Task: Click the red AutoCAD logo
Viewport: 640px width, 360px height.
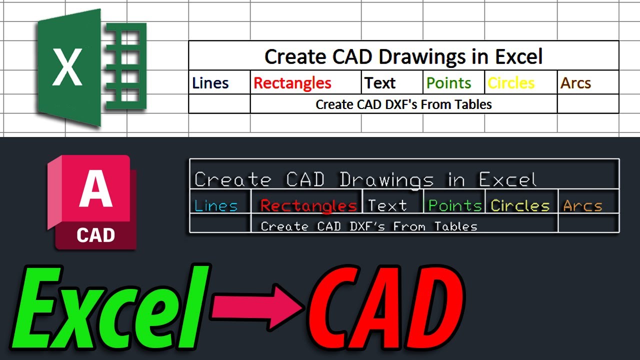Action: [x=92, y=202]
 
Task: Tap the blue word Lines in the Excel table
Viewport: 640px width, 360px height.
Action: [x=210, y=83]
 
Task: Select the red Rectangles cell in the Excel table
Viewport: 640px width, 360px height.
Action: [x=292, y=83]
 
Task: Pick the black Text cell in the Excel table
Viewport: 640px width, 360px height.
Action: [x=380, y=83]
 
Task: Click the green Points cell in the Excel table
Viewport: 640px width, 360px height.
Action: [x=448, y=83]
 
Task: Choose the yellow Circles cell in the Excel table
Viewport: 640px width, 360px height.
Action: [x=511, y=83]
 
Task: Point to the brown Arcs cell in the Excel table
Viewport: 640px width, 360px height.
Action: [x=575, y=83]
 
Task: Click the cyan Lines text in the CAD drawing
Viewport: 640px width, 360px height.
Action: [x=216, y=205]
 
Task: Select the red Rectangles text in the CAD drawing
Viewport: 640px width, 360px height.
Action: [x=308, y=205]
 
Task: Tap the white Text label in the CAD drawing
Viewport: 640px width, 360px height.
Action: [x=387, y=205]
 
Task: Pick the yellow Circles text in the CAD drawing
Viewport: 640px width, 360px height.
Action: [x=520, y=205]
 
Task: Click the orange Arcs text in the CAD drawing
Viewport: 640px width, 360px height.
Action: [x=582, y=205]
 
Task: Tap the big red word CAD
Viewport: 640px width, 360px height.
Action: [x=385, y=310]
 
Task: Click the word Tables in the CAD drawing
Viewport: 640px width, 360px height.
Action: [x=455, y=226]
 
